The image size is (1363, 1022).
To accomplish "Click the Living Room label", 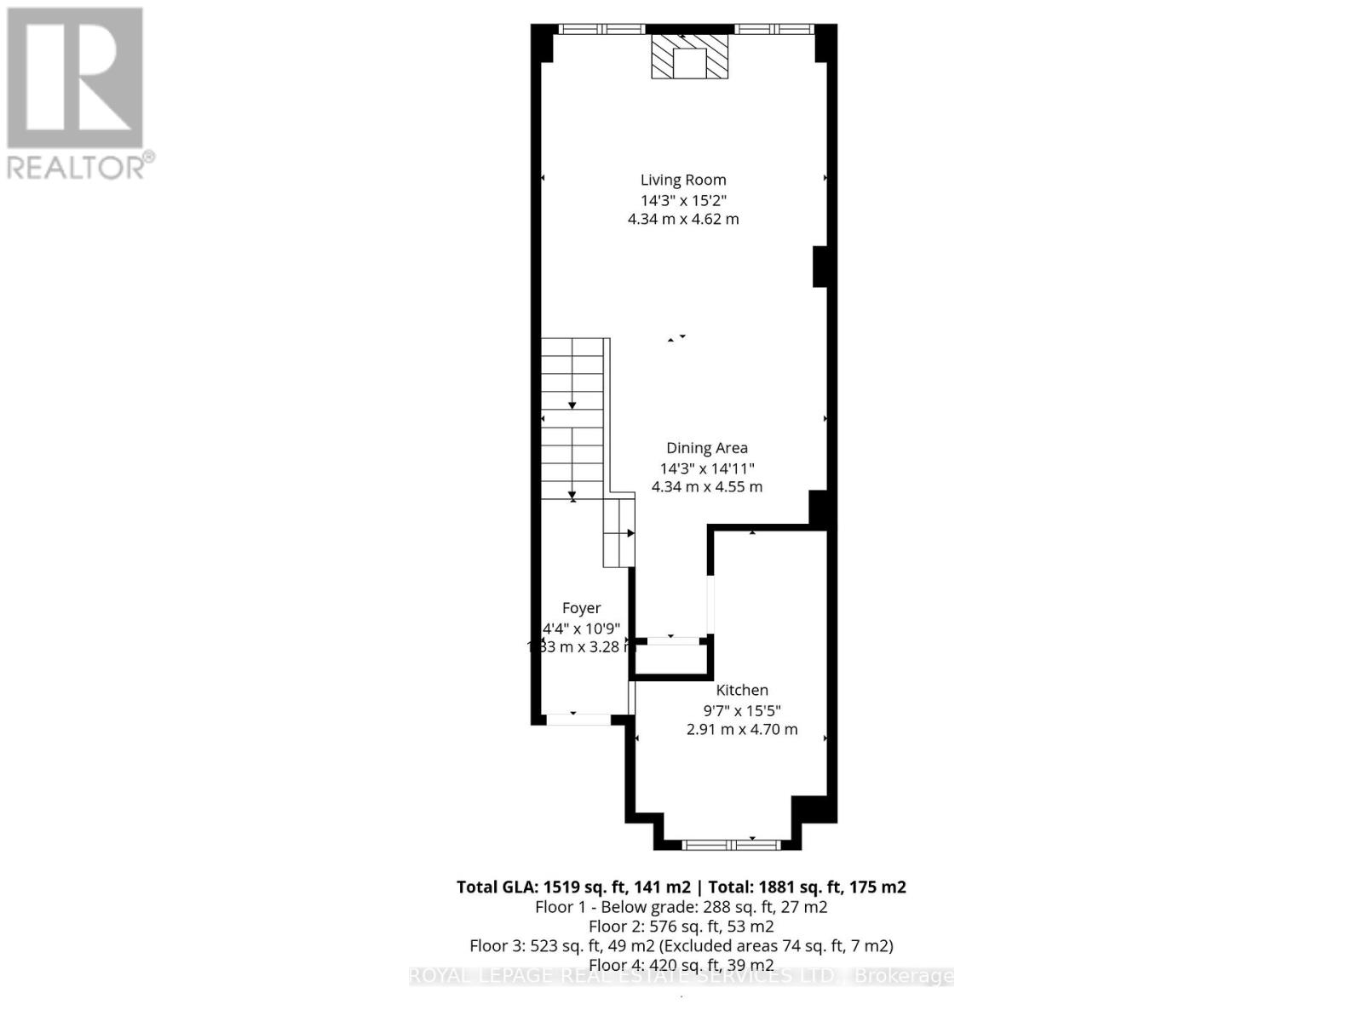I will (683, 180).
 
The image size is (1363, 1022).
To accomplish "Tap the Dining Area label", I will (707, 448).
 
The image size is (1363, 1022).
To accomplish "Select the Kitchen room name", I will (742, 690).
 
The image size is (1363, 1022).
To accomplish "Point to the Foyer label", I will (582, 608).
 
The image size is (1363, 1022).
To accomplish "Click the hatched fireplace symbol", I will (690, 56).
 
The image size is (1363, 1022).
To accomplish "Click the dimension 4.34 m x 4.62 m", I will (683, 219).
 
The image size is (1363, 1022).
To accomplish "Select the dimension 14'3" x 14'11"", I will (707, 468).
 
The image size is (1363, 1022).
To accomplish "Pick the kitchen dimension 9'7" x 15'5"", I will (742, 710).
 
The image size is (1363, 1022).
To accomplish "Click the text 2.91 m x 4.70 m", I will (742, 729).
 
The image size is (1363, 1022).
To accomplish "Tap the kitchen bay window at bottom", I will (731, 844).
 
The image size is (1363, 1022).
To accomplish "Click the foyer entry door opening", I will (578, 719).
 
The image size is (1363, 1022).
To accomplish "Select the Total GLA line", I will (681, 887).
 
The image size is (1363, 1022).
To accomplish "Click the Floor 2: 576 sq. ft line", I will (681, 926).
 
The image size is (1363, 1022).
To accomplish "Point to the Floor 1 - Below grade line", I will (681, 906).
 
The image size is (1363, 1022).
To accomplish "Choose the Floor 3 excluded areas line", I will (681, 945).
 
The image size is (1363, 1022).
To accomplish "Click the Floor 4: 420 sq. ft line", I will (681, 965).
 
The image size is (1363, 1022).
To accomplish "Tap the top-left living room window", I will (601, 29).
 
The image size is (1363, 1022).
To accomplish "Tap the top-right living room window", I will (774, 29).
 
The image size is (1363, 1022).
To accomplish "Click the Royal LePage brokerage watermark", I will (681, 976).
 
